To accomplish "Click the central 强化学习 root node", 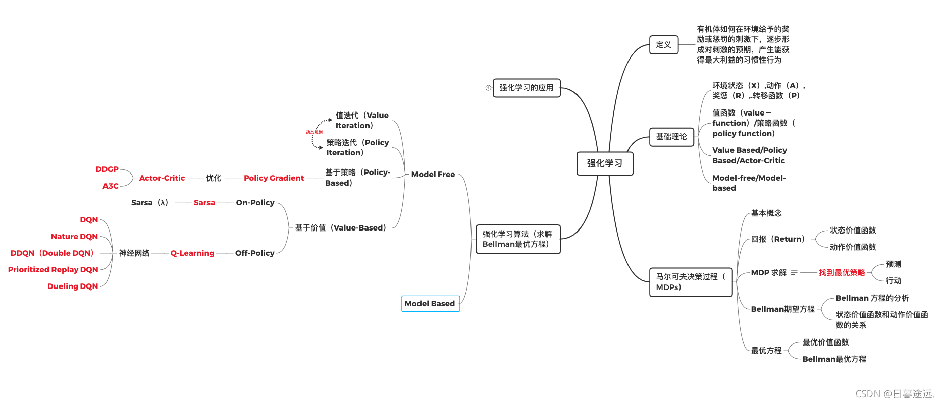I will coord(604,163).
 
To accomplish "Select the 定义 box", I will coord(663,45).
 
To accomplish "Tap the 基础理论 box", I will coord(671,137).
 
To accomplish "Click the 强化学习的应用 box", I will coord(526,88).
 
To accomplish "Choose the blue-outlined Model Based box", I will coord(430,304).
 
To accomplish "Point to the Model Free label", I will coord(433,175).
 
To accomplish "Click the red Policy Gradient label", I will coord(274,178).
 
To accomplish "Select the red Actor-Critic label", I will coord(162,178).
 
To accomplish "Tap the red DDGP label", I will coord(107,169).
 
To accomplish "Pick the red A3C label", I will coord(111,186).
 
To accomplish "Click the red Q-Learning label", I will coord(192,253).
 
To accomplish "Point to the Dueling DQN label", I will coord(73,286).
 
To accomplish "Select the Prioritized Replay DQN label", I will coord(53,270).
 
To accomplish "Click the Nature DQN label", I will coord(74,237).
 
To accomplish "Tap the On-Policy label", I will coord(255,203).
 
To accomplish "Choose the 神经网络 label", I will coord(134,253).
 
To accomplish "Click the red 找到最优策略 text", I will coord(842,273).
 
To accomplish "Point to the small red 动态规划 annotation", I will coord(314,132).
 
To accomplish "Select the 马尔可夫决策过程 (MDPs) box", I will coord(690,282).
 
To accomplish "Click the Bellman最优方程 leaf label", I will coord(834,359).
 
